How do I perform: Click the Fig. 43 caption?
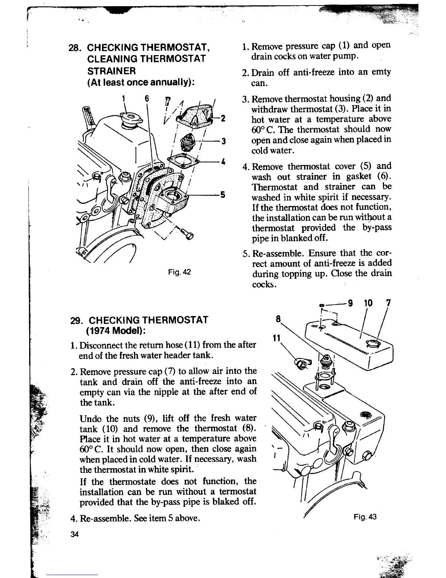click(x=364, y=517)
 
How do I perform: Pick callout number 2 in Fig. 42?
click(x=223, y=118)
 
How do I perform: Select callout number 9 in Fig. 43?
click(x=351, y=303)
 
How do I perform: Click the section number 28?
click(x=74, y=48)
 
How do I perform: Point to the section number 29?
click(x=75, y=320)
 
